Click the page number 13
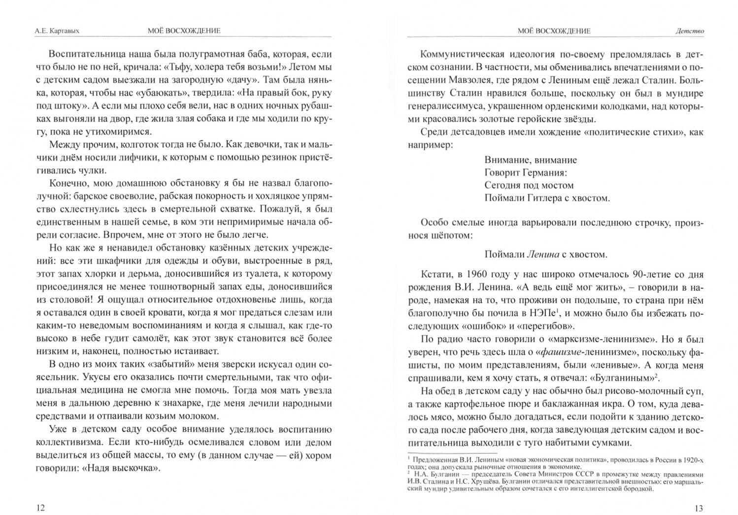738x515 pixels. (x=699, y=508)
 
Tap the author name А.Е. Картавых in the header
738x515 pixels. (x=57, y=31)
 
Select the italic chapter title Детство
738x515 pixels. (x=689, y=31)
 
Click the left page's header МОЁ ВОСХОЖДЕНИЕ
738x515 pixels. (x=184, y=31)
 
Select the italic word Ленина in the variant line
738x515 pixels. (x=543, y=254)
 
